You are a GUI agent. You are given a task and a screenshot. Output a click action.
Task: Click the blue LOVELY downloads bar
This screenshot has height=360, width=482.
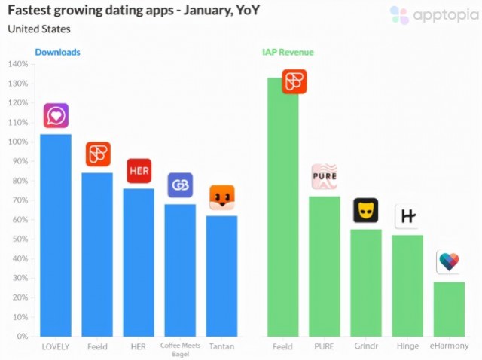click(56, 235)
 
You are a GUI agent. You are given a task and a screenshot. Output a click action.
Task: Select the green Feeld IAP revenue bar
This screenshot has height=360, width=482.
click(283, 207)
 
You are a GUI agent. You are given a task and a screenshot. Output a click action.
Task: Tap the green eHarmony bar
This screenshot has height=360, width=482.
click(449, 309)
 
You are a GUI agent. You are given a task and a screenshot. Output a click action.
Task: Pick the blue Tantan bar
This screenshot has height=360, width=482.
click(221, 276)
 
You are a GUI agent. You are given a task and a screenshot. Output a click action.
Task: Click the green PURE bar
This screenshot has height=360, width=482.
click(325, 266)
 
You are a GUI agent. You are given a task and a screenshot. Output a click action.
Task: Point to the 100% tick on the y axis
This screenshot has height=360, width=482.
click(20, 142)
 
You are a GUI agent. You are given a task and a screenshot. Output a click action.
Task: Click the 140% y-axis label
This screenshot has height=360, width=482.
click(18, 64)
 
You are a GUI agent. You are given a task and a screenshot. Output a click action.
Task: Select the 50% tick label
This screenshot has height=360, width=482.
click(20, 239)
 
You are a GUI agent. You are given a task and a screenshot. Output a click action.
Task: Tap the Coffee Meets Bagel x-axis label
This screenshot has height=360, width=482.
click(181, 349)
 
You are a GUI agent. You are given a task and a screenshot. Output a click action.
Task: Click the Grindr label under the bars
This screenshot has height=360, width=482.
click(366, 346)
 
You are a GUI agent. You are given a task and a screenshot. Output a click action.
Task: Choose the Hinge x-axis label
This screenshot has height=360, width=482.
click(407, 346)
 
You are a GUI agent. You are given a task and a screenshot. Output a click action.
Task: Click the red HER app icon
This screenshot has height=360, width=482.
click(139, 171)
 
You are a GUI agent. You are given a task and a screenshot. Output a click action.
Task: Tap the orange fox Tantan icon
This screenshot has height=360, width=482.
click(222, 197)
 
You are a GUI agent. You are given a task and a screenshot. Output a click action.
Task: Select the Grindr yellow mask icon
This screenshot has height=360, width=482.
click(366, 210)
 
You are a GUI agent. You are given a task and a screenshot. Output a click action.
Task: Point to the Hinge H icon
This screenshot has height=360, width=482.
click(407, 216)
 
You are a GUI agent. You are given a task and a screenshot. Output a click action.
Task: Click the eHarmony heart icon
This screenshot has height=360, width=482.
click(449, 262)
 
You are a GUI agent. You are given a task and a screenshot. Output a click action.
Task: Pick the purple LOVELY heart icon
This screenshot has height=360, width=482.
click(56, 115)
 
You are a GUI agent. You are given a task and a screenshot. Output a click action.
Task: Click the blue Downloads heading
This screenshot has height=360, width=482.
click(57, 52)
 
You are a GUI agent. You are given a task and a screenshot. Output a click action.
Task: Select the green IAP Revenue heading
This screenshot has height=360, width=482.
click(288, 52)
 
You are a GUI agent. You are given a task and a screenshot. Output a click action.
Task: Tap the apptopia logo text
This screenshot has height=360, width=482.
click(446, 15)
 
